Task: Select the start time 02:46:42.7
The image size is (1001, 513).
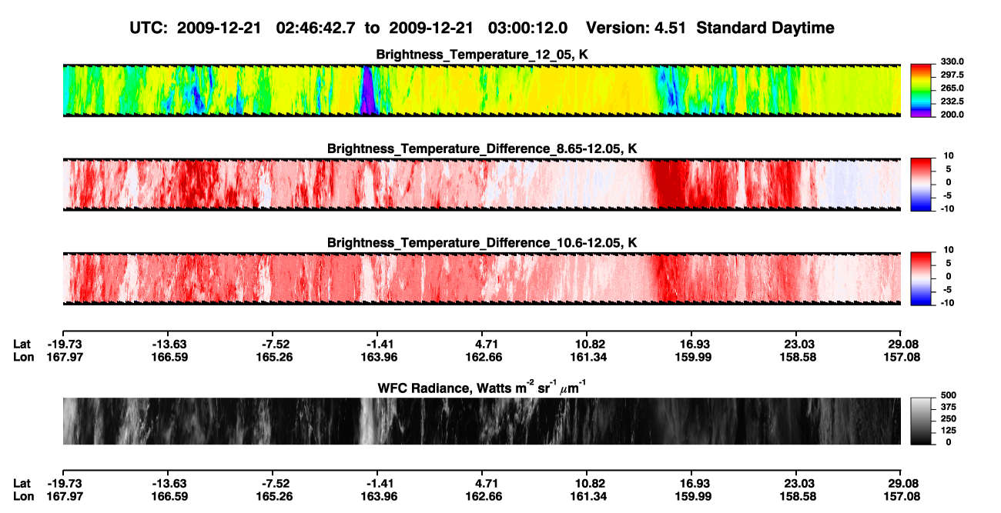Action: pyautogui.click(x=316, y=28)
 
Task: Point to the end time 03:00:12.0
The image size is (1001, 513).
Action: pyautogui.click(x=527, y=28)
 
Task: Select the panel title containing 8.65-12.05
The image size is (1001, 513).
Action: pyautogui.click(x=482, y=148)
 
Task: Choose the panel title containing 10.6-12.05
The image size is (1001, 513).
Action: pyautogui.click(x=482, y=243)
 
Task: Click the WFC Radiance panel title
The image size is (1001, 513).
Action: pyautogui.click(x=482, y=387)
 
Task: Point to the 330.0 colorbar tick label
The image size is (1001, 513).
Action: pyautogui.click(x=952, y=62)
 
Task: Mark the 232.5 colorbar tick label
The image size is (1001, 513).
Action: pyautogui.click(x=952, y=102)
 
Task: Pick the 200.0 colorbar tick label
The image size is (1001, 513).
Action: pyautogui.click(x=952, y=115)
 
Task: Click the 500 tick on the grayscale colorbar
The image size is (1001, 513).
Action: pyautogui.click(x=949, y=395)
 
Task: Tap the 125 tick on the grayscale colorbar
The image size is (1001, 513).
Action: pyautogui.click(x=949, y=431)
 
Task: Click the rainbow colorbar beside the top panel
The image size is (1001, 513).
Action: pyautogui.click(x=921, y=91)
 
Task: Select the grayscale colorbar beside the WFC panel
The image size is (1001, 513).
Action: pyautogui.click(x=921, y=421)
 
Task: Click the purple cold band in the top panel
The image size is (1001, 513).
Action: pyautogui.click(x=367, y=91)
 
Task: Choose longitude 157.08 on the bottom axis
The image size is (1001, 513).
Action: pyautogui.click(x=902, y=497)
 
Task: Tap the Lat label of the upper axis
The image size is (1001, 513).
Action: pyautogui.click(x=22, y=345)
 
